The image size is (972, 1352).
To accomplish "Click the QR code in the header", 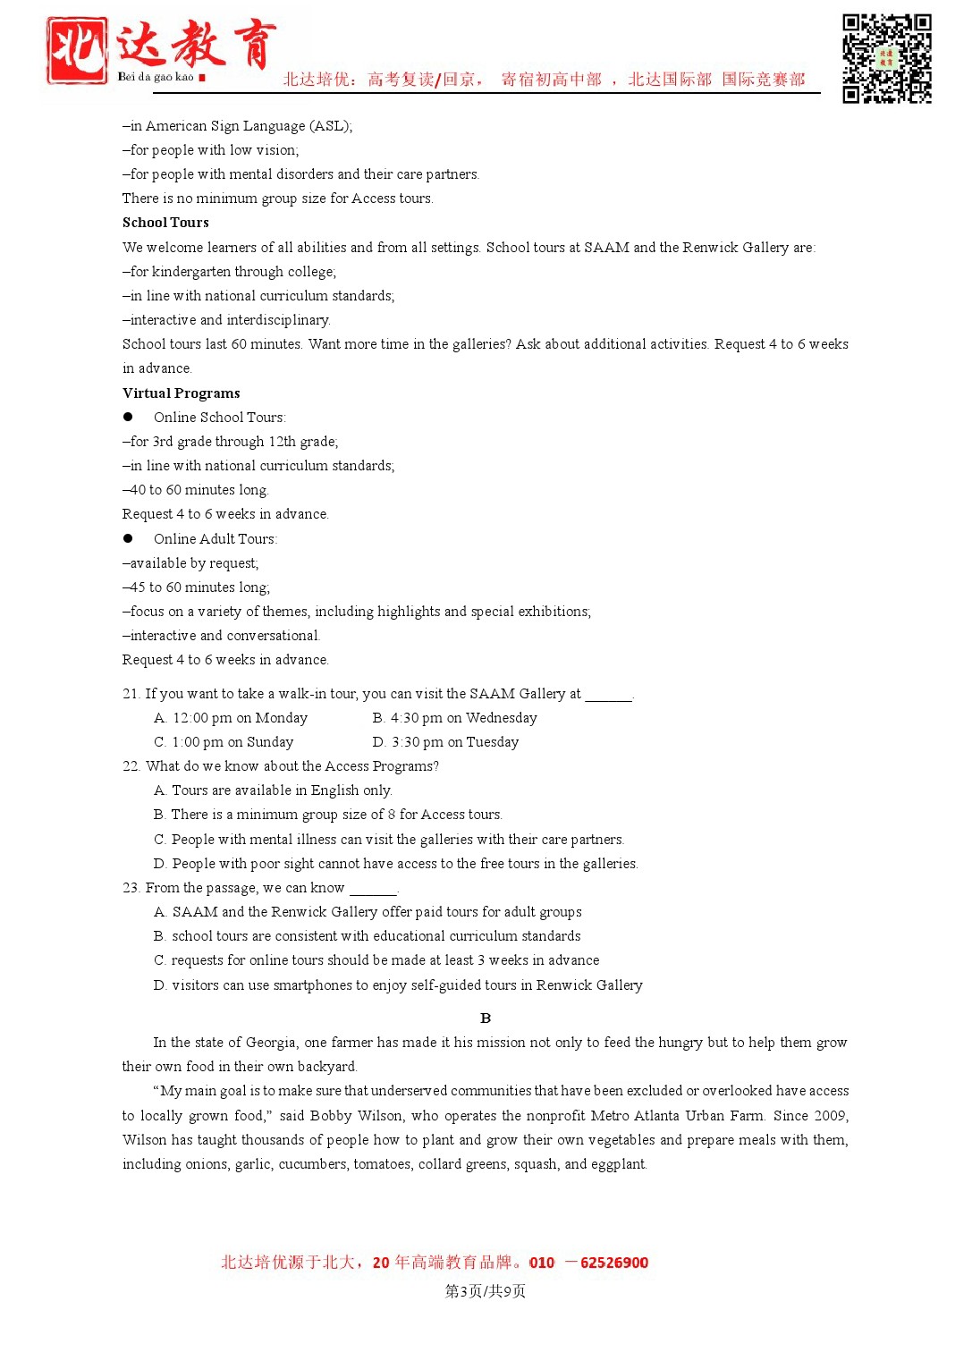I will [x=886, y=58].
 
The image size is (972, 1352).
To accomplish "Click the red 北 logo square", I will [x=77, y=50].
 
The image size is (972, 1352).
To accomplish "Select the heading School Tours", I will [x=165, y=223].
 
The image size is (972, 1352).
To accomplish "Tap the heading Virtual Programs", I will [x=181, y=393].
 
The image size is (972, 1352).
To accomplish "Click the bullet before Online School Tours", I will [x=128, y=418].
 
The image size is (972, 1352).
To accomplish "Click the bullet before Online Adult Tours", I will [x=128, y=539].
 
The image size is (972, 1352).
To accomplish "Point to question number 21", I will [x=131, y=694].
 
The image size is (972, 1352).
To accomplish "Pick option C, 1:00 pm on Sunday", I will [x=224, y=742].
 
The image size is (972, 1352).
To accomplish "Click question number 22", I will [x=131, y=766].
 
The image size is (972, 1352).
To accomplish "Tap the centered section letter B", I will [x=486, y=1018].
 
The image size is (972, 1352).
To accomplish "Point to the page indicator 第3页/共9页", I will [x=486, y=1291].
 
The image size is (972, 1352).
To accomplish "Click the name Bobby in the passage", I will [x=330, y=1116].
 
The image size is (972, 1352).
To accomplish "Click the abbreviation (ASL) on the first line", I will [x=332, y=126].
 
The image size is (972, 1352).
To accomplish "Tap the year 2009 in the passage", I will [x=830, y=1116].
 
